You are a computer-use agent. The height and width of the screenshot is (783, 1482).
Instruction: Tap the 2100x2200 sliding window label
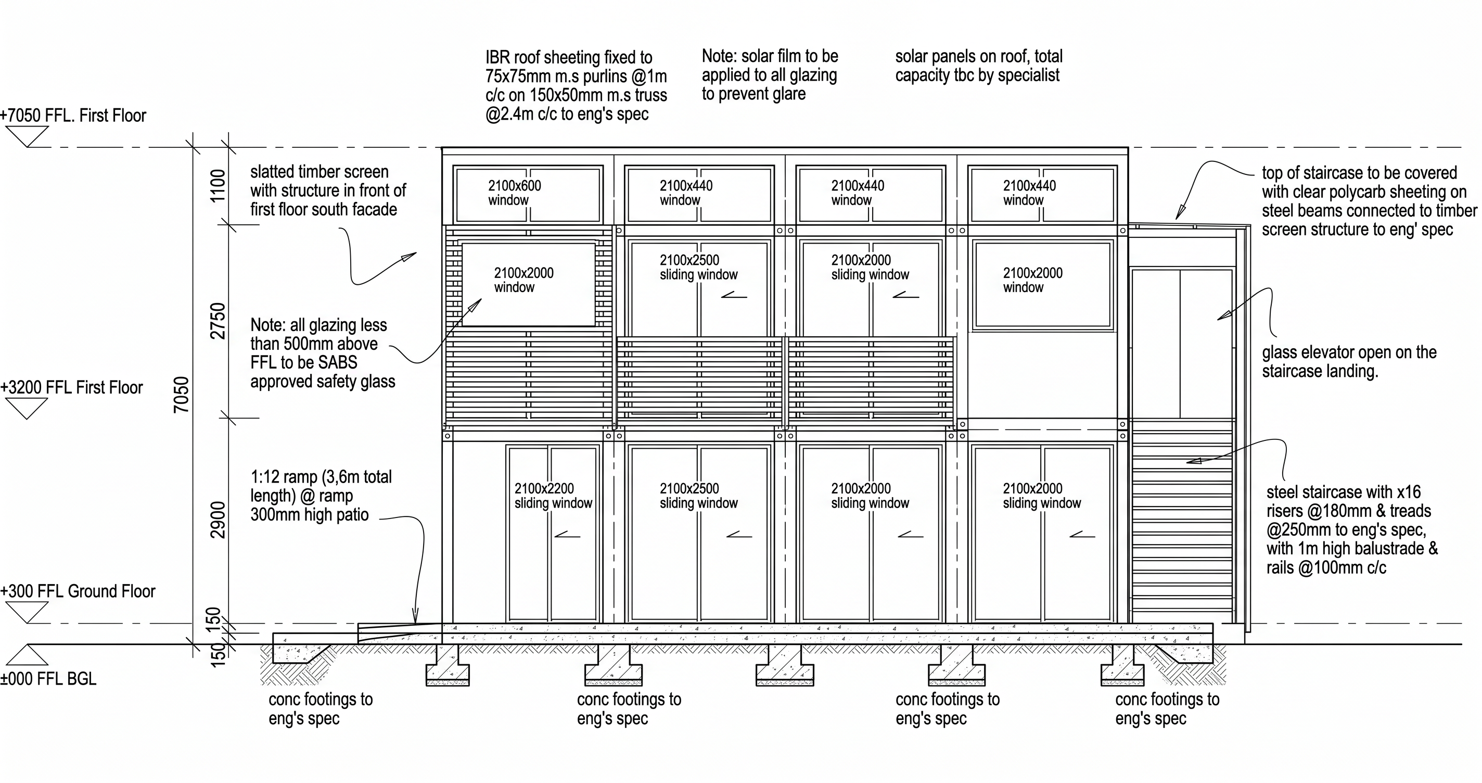[553, 496]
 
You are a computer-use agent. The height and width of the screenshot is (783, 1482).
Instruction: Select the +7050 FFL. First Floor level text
[73, 116]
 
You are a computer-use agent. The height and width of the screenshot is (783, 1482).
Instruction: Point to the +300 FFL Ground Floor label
[78, 591]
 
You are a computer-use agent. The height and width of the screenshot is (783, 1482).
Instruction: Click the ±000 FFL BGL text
[48, 679]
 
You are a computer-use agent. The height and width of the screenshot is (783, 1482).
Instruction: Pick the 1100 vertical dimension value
[218, 185]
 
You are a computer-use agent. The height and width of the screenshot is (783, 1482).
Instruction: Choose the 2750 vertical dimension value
[218, 321]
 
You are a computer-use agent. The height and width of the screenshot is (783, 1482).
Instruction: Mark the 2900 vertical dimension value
[218, 520]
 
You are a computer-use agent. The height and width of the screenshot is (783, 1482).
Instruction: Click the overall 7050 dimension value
[181, 395]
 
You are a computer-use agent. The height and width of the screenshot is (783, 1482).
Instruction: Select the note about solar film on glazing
[770, 75]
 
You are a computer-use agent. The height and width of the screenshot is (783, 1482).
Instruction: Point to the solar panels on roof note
[979, 66]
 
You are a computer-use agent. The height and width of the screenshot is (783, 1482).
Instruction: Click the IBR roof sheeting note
[576, 86]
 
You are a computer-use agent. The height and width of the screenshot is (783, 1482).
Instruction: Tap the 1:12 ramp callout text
[321, 496]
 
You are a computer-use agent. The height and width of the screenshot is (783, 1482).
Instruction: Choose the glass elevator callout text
[1349, 361]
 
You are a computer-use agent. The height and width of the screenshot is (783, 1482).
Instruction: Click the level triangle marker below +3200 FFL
[27, 409]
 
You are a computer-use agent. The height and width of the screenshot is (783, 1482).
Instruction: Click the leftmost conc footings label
[321, 709]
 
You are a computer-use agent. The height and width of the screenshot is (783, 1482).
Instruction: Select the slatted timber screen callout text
[328, 191]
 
